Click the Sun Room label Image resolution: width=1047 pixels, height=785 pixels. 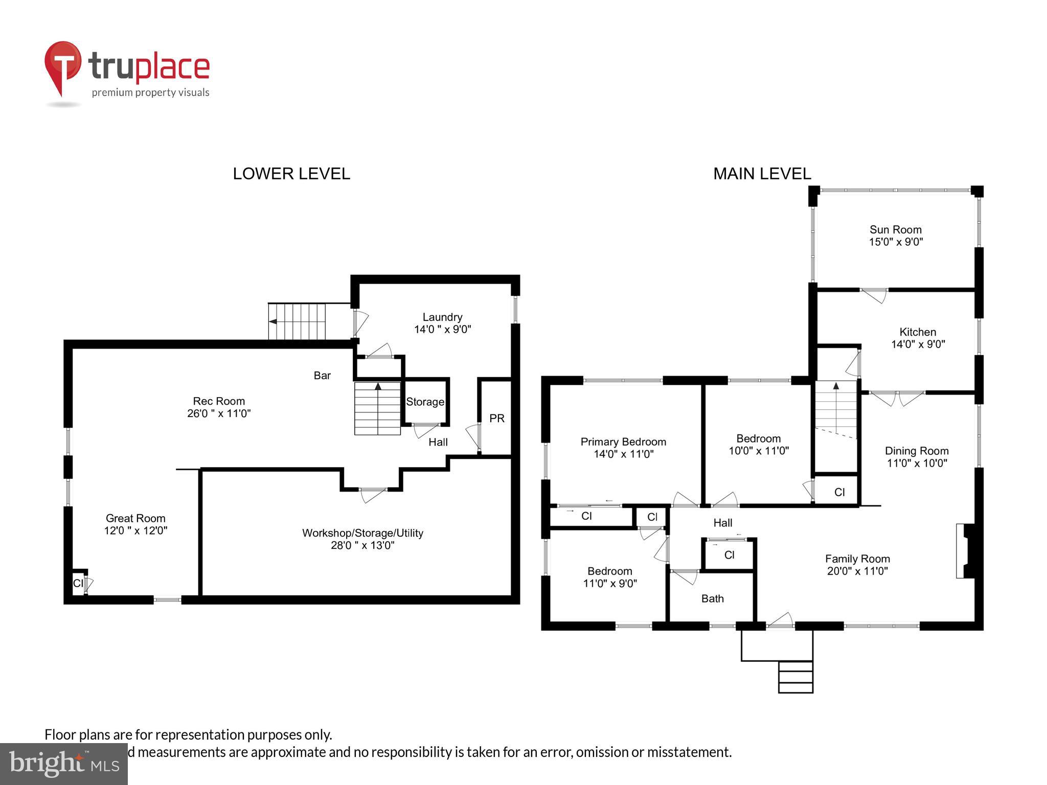tap(895, 230)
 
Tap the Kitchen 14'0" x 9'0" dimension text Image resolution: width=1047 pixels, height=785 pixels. tap(918, 344)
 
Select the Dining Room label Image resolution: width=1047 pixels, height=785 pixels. tap(916, 451)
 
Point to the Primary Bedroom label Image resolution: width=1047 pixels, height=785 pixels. tap(623, 442)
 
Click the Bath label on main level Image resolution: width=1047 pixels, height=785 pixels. tap(712, 598)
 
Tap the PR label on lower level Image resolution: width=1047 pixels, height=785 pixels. tap(496, 419)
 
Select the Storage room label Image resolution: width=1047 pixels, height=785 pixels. tap(425, 402)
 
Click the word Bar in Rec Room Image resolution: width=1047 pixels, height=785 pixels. tap(322, 376)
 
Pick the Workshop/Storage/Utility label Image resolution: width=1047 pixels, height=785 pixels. tap(362, 533)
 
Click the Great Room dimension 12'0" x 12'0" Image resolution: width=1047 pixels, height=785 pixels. tap(135, 531)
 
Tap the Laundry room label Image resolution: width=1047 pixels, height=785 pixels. tap(442, 317)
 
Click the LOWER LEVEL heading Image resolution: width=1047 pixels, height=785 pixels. tap(291, 174)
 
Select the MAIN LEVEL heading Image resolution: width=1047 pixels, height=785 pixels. tap(762, 174)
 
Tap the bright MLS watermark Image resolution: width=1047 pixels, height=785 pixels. tap(63, 764)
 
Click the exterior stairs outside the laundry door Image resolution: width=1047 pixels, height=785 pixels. tap(297, 321)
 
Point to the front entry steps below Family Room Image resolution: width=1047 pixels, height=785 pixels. tap(795, 677)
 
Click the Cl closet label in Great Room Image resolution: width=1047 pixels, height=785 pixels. tap(78, 583)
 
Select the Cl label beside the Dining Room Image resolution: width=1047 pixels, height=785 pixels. tap(839, 492)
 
